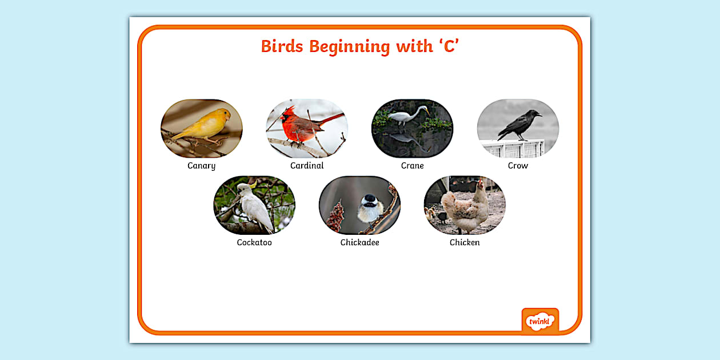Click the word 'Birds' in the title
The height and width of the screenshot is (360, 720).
click(x=282, y=46)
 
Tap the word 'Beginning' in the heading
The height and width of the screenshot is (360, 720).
click(x=349, y=47)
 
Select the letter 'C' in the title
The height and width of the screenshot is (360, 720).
click(x=449, y=46)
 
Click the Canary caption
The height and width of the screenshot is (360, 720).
click(x=202, y=166)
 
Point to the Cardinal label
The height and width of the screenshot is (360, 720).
click(x=307, y=166)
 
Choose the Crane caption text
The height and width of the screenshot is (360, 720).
click(x=413, y=166)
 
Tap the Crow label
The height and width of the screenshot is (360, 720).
click(x=518, y=166)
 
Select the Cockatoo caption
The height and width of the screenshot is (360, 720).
click(x=254, y=242)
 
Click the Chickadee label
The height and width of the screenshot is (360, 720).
click(x=359, y=242)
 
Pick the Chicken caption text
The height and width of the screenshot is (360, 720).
click(x=465, y=242)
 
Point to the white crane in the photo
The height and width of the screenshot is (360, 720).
click(x=407, y=115)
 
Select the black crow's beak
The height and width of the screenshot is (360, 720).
click(x=539, y=115)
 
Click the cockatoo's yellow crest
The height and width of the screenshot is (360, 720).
click(x=253, y=185)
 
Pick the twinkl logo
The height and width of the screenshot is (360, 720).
click(x=540, y=321)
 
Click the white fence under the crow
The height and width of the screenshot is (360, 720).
click(x=513, y=149)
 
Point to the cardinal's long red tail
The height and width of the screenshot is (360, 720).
click(x=333, y=119)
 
